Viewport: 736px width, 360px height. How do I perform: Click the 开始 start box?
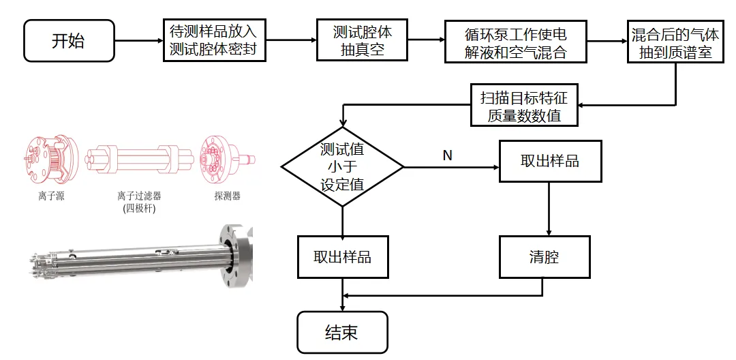tap(68, 40)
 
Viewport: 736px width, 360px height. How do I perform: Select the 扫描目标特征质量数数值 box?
tap(523, 106)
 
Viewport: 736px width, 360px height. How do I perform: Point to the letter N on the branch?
tap(447, 155)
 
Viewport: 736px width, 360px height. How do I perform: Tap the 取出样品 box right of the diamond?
tap(550, 161)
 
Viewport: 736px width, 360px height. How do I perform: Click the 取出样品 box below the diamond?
tap(342, 257)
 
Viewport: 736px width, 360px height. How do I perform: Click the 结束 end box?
tap(342, 332)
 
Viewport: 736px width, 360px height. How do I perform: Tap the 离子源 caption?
tap(52, 196)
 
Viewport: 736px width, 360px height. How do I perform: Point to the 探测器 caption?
tap(227, 196)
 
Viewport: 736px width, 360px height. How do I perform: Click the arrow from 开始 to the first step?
tap(139, 40)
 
